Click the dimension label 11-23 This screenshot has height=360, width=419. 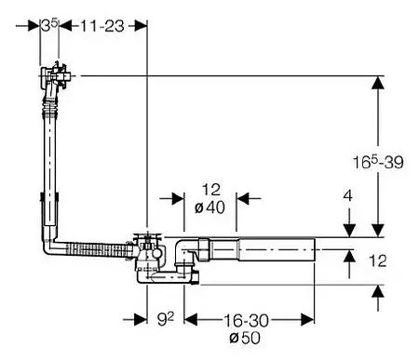(x=102, y=26)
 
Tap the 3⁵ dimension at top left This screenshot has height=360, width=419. (x=49, y=26)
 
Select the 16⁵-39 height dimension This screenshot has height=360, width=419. (x=378, y=162)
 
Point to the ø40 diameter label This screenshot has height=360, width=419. (x=209, y=207)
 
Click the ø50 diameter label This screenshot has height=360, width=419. (x=245, y=338)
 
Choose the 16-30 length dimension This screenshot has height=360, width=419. (x=246, y=321)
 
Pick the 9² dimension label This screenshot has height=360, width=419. (x=166, y=319)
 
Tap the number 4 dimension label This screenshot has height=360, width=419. (x=348, y=196)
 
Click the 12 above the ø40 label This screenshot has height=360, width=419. (x=211, y=190)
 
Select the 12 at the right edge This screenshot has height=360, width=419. (x=378, y=260)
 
